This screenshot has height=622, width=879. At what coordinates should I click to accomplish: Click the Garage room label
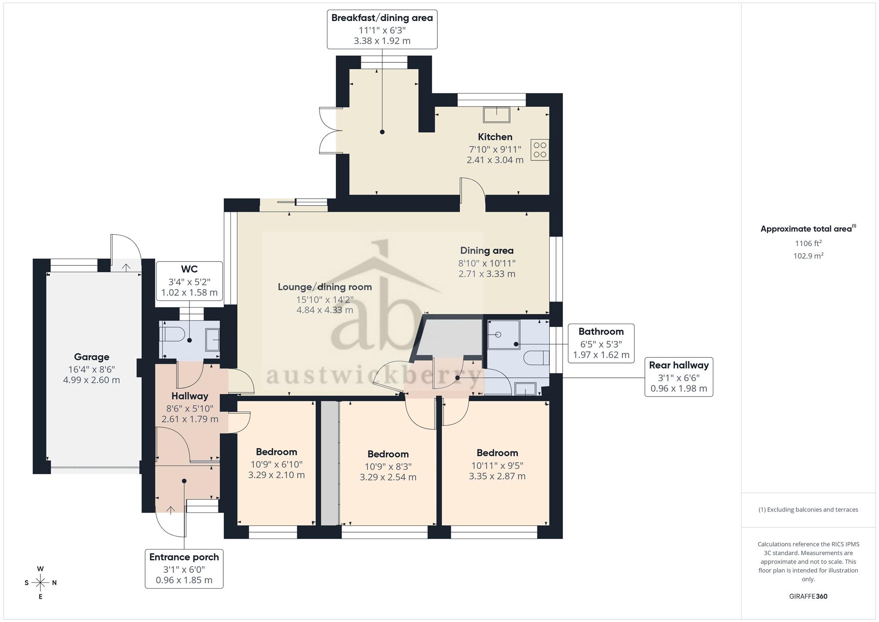(91, 357)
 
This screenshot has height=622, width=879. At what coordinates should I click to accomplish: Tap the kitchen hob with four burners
(540, 150)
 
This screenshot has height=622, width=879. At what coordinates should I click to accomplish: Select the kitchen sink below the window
(497, 115)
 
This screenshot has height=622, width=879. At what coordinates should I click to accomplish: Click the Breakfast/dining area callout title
(382, 18)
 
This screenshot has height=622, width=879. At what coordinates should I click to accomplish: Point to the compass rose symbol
(40, 583)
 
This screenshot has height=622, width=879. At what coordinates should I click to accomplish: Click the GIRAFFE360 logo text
(808, 597)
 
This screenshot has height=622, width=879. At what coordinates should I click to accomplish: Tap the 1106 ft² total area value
(808, 243)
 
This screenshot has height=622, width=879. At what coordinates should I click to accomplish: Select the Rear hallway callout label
(679, 365)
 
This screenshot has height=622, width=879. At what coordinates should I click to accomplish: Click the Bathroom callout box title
(601, 331)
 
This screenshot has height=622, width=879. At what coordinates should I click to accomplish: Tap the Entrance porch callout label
(184, 557)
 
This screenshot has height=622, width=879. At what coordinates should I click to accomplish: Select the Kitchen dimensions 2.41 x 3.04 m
(495, 160)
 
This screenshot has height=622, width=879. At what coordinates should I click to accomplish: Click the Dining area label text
(487, 251)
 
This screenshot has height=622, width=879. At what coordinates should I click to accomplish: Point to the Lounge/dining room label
(325, 287)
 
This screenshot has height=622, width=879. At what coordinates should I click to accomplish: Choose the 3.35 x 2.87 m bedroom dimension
(497, 476)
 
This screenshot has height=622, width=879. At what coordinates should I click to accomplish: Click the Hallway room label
(190, 396)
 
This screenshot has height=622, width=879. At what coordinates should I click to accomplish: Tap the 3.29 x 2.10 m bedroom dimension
(276, 475)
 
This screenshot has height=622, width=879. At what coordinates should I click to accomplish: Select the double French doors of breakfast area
(330, 130)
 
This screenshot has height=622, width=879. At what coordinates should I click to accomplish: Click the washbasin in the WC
(213, 340)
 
